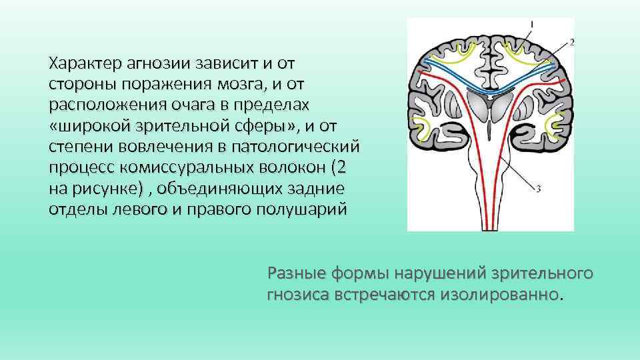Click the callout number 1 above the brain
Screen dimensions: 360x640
531,24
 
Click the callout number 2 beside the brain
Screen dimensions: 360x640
572,42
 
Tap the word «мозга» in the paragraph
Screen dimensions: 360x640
233,85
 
